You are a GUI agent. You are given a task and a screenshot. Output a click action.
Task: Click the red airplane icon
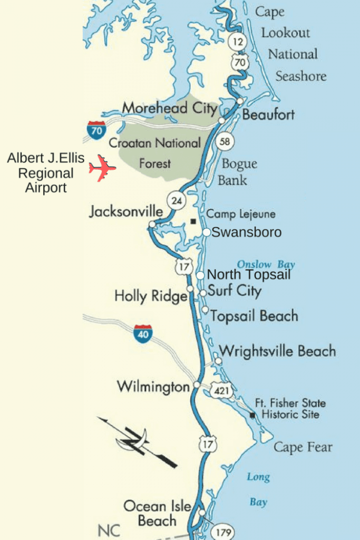pos(102,168)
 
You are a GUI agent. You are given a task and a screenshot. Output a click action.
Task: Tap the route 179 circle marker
pos(223,532)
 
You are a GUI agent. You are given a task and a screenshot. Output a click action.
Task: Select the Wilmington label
pos(153,387)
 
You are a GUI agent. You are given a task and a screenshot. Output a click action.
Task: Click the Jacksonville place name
pos(126,211)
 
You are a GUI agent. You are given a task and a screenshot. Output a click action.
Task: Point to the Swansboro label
pos(246,232)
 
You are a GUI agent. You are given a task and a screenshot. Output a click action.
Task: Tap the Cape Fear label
pos(303,448)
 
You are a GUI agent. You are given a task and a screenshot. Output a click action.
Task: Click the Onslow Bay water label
pos(266,265)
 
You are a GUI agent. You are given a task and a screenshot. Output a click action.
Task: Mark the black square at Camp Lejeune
pos(194,221)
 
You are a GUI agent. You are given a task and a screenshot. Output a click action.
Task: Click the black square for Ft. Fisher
pos(253,416)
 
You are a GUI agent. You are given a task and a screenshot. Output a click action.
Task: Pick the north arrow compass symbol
pos(137,440)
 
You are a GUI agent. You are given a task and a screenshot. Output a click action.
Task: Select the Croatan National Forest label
pos(154,153)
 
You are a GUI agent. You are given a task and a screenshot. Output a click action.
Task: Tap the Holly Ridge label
pos(151,296)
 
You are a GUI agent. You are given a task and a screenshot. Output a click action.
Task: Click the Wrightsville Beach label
pos(277,351)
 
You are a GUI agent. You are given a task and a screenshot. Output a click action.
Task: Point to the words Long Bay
pos(258,489)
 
